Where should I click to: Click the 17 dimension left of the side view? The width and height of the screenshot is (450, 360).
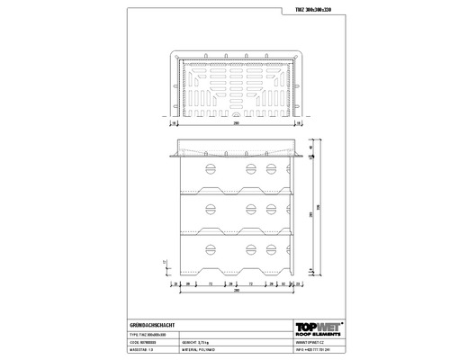coord(165,263)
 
